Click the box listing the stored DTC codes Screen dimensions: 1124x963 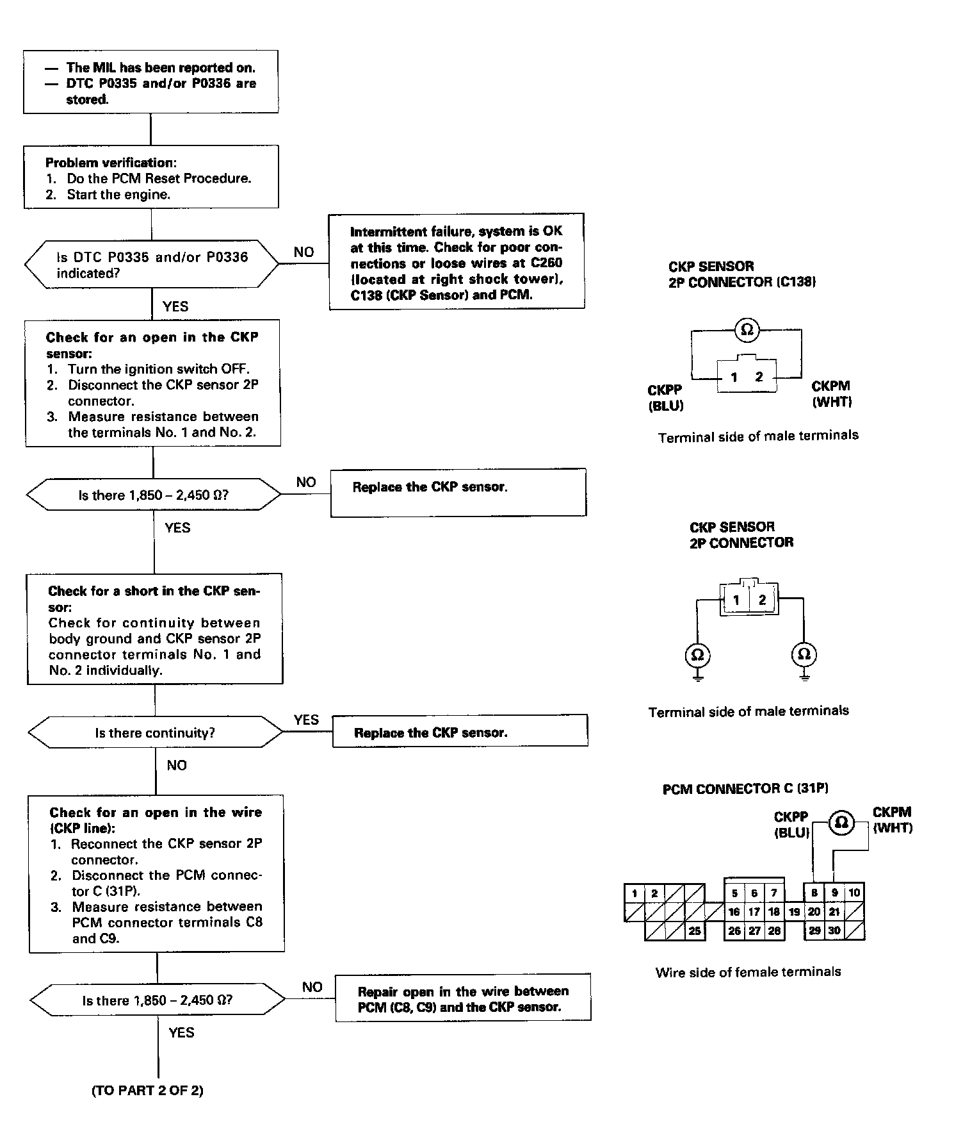point(150,82)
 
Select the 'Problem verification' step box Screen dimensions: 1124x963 point(151,177)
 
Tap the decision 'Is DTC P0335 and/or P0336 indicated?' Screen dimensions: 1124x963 point(152,265)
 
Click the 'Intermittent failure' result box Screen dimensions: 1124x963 point(457,262)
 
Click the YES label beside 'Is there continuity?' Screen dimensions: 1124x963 point(306,720)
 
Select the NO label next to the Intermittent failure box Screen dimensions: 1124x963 point(303,252)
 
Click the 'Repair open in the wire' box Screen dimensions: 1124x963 point(463,999)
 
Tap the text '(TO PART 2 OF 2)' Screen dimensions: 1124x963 point(147,1091)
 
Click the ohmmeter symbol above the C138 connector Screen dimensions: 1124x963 point(746,330)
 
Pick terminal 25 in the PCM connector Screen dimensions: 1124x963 point(695,931)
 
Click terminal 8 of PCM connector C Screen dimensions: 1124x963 point(814,893)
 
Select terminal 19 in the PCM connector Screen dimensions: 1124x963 point(794,912)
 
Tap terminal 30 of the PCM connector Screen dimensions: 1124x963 point(834,931)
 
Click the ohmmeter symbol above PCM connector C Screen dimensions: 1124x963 point(841,822)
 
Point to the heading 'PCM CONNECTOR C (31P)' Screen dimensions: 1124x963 point(745,789)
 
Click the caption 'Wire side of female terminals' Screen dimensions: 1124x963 point(748,972)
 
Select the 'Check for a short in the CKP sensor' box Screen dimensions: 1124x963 point(155,629)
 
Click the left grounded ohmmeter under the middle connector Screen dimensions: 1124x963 point(697,655)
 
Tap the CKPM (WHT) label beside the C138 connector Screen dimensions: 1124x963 point(831,394)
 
